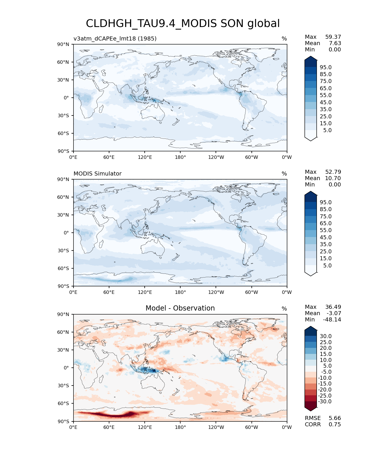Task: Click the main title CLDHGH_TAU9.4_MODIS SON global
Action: [x=183, y=24]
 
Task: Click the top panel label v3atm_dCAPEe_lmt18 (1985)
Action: [x=115, y=38]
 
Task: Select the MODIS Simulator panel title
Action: [x=97, y=174]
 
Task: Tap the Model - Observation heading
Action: [x=180, y=308]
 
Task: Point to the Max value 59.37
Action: [x=333, y=37]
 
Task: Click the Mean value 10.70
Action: [x=333, y=178]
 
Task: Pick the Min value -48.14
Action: [x=332, y=319]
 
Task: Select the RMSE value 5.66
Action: [x=335, y=418]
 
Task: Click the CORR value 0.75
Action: [x=335, y=424]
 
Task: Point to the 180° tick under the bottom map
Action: [x=180, y=427]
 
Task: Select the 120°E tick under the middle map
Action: [x=145, y=292]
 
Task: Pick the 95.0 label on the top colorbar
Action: [x=326, y=67]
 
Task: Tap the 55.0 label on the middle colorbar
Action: [x=326, y=230]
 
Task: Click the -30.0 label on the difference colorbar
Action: [x=325, y=401]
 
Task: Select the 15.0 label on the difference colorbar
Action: [x=326, y=354]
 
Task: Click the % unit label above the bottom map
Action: [x=284, y=309]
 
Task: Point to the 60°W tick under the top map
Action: [x=251, y=157]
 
